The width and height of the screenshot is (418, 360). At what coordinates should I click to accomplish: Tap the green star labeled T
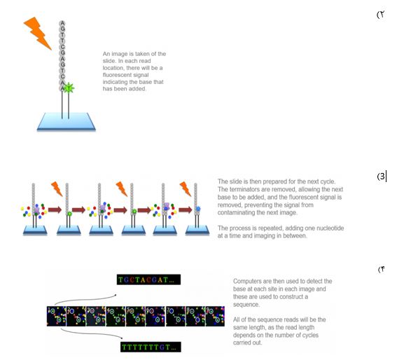pyautogui.click(x=69, y=88)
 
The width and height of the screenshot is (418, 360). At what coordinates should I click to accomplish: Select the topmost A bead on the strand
pyautogui.click(x=62, y=23)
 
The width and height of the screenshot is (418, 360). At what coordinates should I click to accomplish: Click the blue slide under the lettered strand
pyautogui.click(x=66, y=122)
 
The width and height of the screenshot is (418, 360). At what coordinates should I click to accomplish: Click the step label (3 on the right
pyautogui.click(x=381, y=176)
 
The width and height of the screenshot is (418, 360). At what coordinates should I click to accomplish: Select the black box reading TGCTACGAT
pyautogui.click(x=148, y=279)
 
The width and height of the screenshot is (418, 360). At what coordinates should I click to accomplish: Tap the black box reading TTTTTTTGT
pyautogui.click(x=151, y=347)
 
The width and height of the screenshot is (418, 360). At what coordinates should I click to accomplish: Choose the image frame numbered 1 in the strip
pyautogui.click(x=56, y=317)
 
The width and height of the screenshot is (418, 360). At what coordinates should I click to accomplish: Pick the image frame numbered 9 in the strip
pyautogui.click(x=215, y=317)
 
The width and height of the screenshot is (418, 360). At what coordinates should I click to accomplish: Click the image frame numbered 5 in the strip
pyautogui.click(x=136, y=317)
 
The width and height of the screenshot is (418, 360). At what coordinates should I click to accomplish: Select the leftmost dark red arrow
pyautogui.click(x=55, y=210)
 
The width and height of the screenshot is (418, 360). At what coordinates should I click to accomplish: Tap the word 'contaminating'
pyautogui.click(x=235, y=212)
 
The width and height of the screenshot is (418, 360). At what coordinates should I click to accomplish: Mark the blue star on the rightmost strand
pyautogui.click(x=198, y=209)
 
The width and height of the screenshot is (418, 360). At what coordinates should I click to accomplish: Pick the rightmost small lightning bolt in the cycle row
pyautogui.click(x=186, y=189)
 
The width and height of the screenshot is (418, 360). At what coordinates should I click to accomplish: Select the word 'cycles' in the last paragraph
pyautogui.click(x=311, y=335)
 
